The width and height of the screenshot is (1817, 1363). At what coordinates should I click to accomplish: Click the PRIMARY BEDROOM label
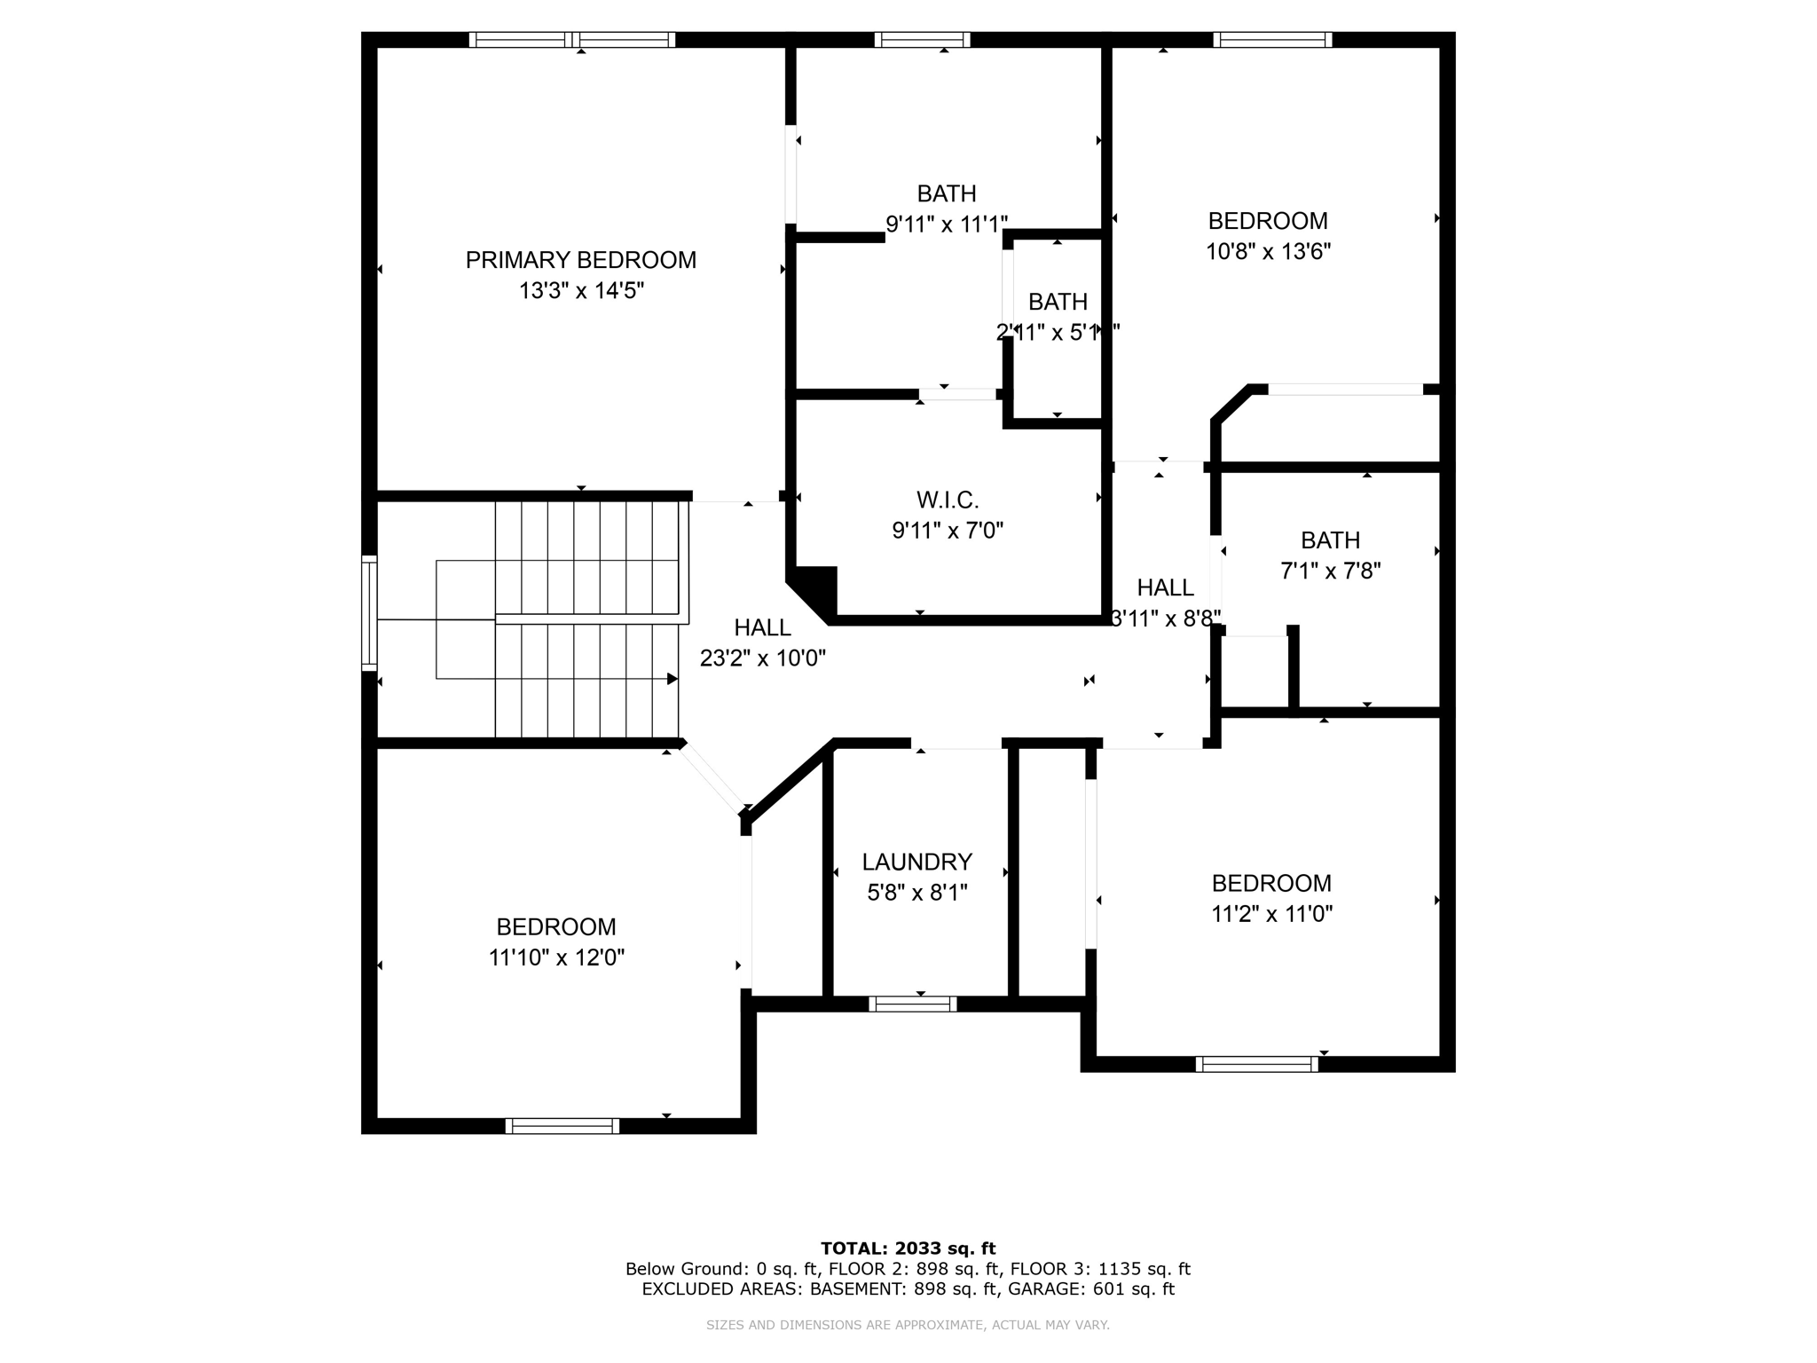[x=580, y=260]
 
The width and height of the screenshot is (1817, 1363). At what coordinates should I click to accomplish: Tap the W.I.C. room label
[x=948, y=500]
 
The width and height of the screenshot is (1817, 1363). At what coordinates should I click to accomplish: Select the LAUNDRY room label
[x=916, y=862]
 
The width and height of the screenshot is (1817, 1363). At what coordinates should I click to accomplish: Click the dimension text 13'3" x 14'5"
[x=580, y=290]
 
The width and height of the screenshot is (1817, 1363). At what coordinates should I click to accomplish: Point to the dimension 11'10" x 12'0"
[x=556, y=957]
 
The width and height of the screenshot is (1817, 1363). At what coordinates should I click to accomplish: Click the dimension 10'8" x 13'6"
[x=1267, y=251]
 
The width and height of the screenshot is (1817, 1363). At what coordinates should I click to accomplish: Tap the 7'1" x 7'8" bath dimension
[x=1330, y=571]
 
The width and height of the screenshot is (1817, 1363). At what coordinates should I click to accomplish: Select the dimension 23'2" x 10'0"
[x=762, y=658]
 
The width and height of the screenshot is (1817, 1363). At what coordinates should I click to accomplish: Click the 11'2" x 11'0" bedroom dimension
[x=1271, y=913]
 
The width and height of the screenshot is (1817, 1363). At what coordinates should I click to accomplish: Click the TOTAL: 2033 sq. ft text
[x=908, y=1249]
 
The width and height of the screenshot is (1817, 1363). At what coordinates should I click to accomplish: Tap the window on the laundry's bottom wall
[x=912, y=1004]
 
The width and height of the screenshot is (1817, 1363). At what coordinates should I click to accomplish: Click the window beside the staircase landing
[x=369, y=612]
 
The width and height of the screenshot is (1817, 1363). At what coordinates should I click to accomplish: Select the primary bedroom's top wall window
[x=572, y=40]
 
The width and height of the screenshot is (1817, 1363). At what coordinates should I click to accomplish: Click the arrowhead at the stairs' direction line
[x=673, y=679]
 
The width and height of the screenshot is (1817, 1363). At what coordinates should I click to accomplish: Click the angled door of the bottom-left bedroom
[x=713, y=777]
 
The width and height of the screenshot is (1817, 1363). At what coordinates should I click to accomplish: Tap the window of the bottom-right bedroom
[x=1256, y=1064]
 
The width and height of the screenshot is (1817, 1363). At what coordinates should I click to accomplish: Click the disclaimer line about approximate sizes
[x=908, y=1325]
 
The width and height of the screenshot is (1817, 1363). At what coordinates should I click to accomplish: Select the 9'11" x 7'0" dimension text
[x=948, y=530]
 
